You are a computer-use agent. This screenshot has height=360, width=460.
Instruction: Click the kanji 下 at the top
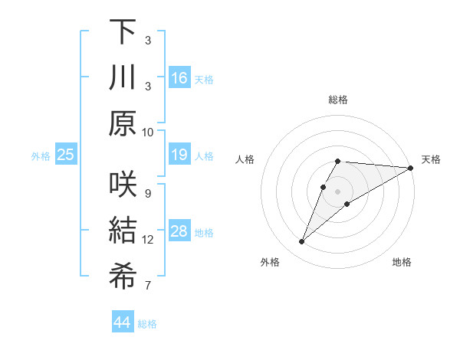(123, 32)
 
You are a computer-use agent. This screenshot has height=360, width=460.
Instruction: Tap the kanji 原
(123, 123)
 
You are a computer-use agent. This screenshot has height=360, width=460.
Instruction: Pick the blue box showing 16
(179, 78)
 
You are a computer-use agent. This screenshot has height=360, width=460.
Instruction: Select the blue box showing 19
(179, 155)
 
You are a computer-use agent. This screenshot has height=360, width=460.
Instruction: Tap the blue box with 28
(179, 232)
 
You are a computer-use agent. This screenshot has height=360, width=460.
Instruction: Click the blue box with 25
(66, 155)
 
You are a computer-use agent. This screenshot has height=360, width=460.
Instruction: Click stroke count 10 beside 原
(148, 132)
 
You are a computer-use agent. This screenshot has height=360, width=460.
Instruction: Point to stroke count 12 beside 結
(148, 240)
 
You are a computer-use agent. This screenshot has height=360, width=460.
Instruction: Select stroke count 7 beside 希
(147, 286)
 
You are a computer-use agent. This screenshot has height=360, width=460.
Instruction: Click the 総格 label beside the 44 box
(147, 324)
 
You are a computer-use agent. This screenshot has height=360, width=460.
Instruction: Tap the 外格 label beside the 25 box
(41, 156)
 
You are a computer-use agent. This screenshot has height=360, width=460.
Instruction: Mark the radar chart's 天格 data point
(411, 169)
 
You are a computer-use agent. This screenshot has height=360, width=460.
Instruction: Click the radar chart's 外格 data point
(301, 242)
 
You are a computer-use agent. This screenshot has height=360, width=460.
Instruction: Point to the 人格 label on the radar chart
(245, 159)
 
